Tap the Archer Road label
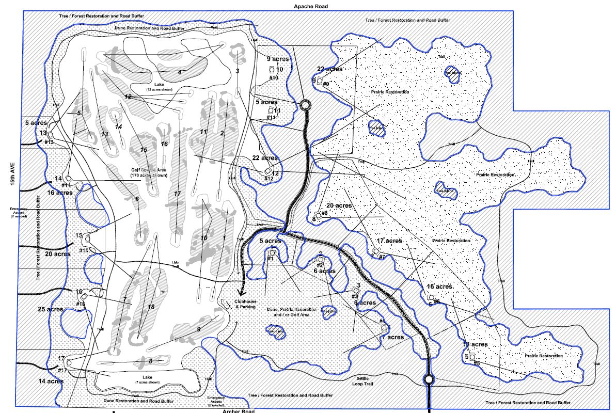click(239, 411)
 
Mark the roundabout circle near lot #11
click(304, 105)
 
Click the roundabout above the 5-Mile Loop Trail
click(428, 379)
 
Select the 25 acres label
click(50, 309)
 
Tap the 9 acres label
click(277, 59)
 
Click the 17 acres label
click(389, 241)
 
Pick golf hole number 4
click(180, 72)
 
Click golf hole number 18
click(151, 307)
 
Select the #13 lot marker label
click(50, 142)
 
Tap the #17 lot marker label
click(62, 370)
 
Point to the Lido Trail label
click(175, 265)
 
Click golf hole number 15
click(144, 150)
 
